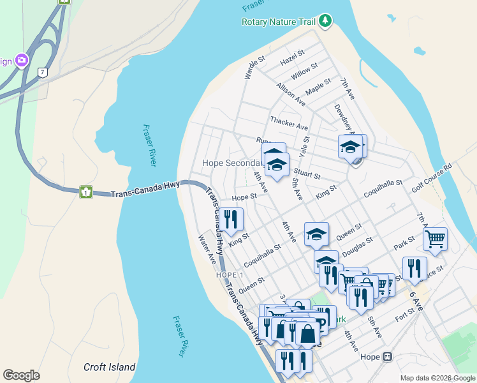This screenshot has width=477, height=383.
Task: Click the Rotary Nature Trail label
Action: (279, 22)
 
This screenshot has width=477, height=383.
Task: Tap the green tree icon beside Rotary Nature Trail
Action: (326, 21)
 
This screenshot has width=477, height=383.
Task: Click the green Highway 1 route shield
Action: (84, 191)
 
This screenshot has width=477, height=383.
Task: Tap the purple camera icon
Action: (22, 61)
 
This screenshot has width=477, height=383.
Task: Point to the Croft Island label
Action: (110, 367)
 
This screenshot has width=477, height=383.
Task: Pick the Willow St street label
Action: (304, 70)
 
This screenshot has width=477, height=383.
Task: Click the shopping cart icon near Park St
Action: (435, 239)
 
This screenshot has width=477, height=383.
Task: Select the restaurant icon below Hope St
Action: (230, 218)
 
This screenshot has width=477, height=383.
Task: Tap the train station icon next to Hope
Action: (386, 357)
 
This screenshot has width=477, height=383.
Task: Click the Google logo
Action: (21, 375)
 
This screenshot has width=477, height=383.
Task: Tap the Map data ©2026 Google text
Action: (437, 378)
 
